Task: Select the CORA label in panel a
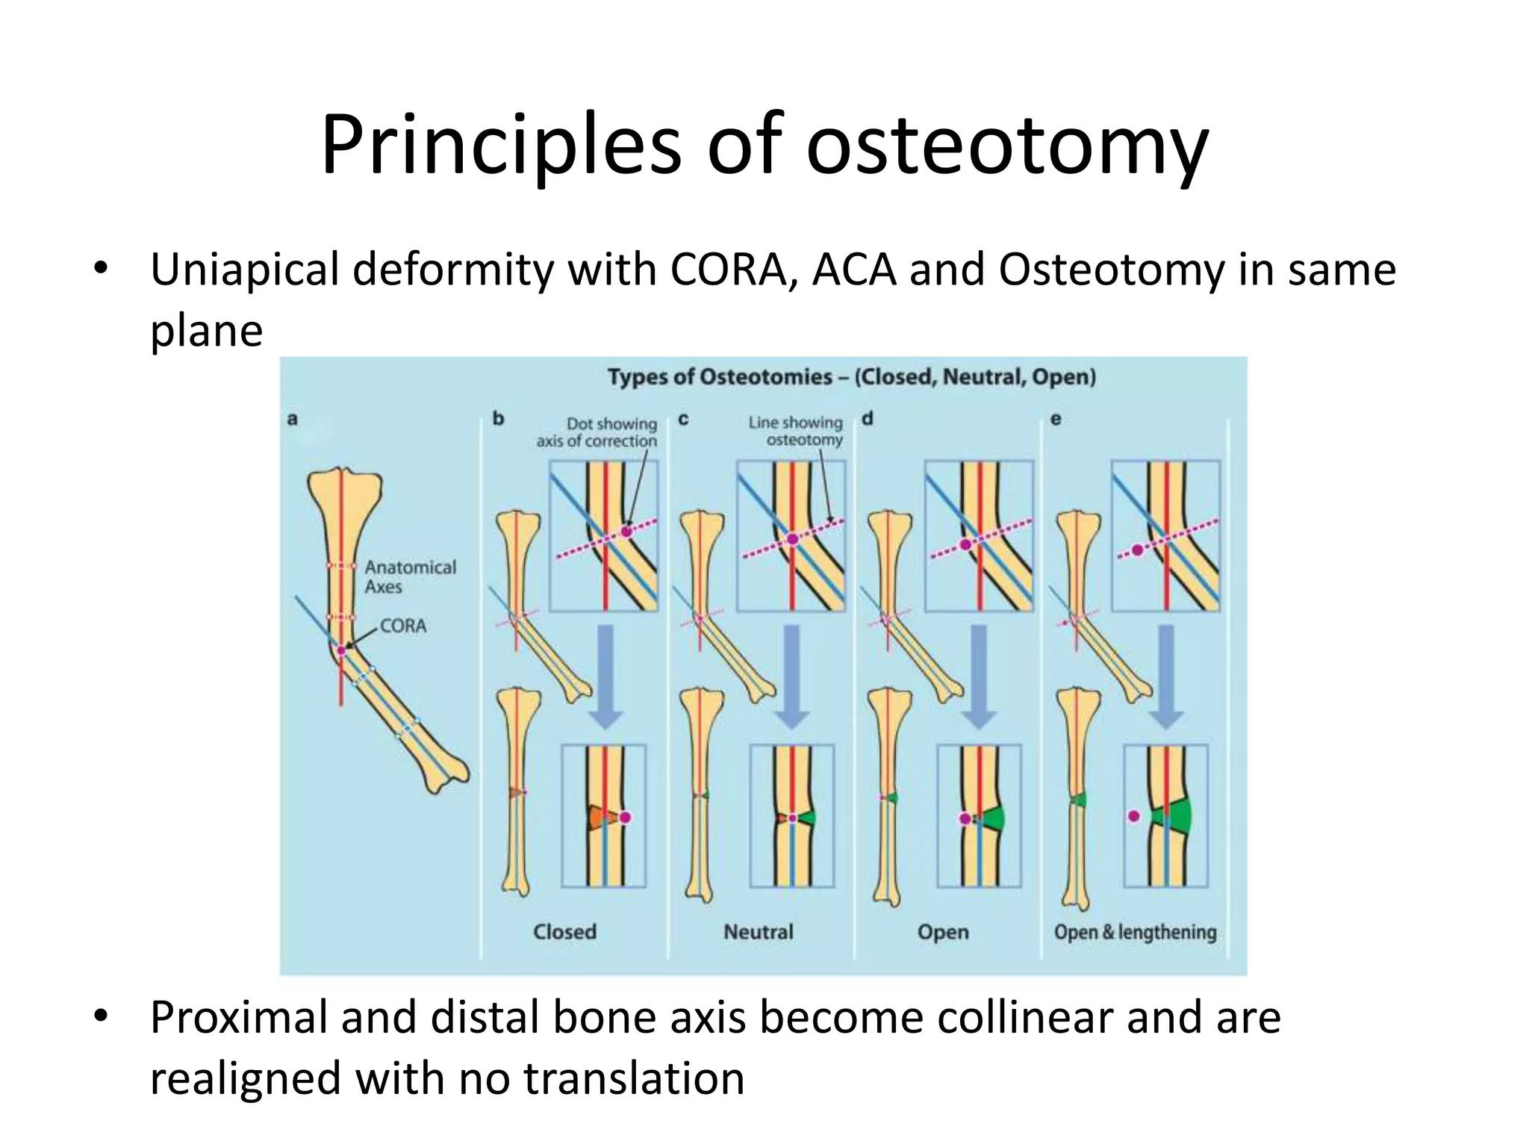coord(403,626)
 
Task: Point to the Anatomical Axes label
coord(410,577)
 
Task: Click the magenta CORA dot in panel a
coord(341,650)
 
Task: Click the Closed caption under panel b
coord(564,932)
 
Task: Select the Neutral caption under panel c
coord(758,932)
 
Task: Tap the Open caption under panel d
coord(943,932)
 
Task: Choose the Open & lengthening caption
coord(1135,932)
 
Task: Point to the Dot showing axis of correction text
coord(597,432)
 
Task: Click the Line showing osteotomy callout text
coord(796,431)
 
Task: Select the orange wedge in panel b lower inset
coord(596,818)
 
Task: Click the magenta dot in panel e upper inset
coord(1137,550)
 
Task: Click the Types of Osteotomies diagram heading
coord(851,377)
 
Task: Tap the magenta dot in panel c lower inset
coord(792,818)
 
